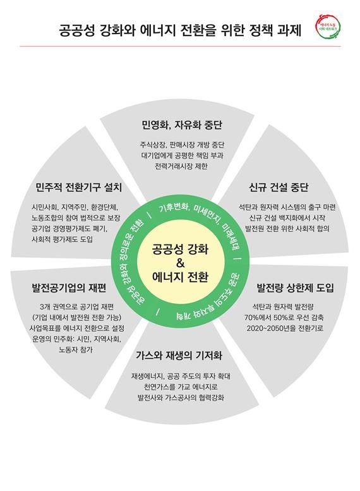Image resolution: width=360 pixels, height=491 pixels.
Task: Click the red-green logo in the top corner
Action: [x=328, y=27]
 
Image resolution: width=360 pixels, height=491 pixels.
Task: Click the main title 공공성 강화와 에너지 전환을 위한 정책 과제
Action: [x=180, y=31]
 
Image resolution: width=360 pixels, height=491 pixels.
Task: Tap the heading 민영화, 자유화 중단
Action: [x=181, y=125]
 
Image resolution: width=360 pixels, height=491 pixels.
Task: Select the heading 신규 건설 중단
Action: [x=279, y=187]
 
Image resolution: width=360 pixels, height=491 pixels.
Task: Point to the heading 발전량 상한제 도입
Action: [x=295, y=288]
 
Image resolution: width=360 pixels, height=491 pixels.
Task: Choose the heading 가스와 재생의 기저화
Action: [x=179, y=356]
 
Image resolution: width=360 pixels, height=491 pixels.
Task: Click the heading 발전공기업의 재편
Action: [x=69, y=288]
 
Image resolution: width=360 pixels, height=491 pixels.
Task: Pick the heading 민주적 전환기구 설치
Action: [x=78, y=187]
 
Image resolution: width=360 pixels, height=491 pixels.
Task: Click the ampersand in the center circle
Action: [x=180, y=263]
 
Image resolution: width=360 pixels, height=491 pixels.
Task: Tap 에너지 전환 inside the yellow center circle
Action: [x=180, y=277]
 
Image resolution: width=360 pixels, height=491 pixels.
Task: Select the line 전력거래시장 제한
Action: [x=181, y=166]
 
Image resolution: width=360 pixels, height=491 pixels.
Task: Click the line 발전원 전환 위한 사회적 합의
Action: [x=287, y=229]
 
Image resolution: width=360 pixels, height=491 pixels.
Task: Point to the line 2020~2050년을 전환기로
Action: [x=285, y=329]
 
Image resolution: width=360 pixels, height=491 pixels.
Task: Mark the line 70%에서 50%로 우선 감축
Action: [x=284, y=317]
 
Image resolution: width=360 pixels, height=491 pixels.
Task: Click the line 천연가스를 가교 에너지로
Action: [x=181, y=387]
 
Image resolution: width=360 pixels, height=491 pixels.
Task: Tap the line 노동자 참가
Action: [x=76, y=350]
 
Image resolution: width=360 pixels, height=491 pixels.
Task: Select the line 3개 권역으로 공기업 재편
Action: [x=76, y=306]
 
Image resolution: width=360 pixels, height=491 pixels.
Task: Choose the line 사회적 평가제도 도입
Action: [x=63, y=239]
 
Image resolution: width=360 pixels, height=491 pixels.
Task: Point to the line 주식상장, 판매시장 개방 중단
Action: [x=182, y=145]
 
